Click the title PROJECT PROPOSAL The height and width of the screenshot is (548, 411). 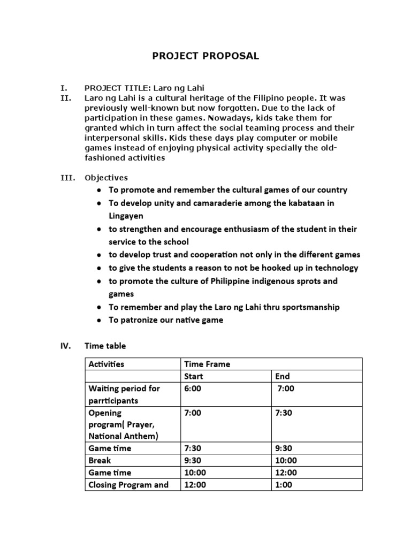tap(206, 56)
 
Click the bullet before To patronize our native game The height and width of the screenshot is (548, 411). tap(100, 321)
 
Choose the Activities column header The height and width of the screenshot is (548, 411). tap(106, 364)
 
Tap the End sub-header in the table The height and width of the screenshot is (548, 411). tap(282, 376)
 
